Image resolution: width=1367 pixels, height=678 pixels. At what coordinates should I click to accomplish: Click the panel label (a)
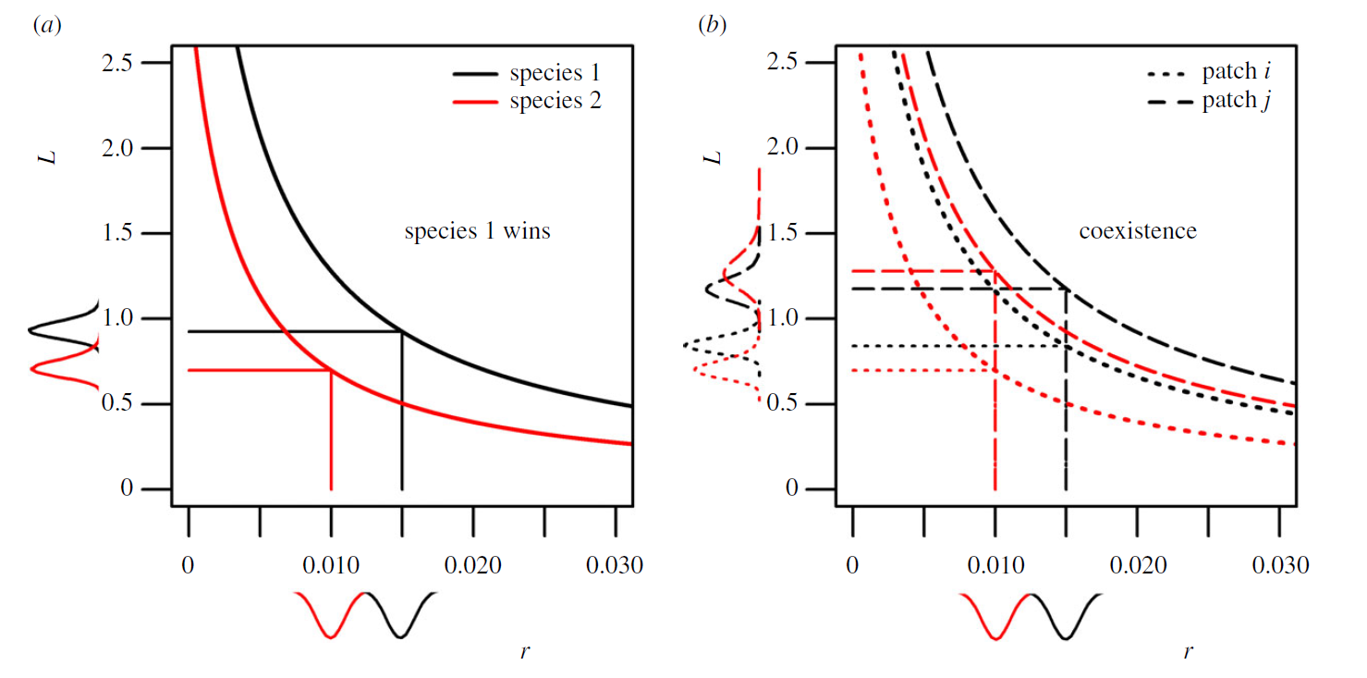(x=46, y=26)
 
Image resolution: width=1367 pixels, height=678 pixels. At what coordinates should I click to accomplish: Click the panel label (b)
(x=711, y=26)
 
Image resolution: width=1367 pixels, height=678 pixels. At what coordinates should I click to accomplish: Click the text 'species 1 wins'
(x=477, y=231)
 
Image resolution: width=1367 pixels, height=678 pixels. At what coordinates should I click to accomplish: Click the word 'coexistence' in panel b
(x=1137, y=231)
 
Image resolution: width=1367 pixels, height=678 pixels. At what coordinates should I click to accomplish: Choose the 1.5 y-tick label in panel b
(x=782, y=234)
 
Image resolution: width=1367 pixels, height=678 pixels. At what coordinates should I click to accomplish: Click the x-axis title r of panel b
(x=1190, y=651)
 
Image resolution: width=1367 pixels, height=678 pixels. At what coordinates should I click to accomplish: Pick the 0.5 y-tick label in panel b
(x=782, y=404)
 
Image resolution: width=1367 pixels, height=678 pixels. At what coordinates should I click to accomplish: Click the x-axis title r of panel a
(x=525, y=651)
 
